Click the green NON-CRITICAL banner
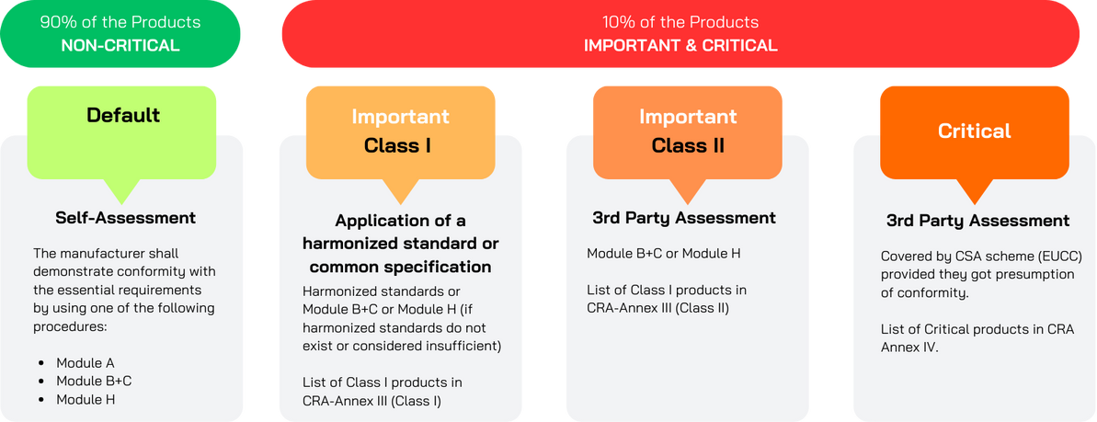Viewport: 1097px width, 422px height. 120,34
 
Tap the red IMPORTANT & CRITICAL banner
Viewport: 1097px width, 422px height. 680,34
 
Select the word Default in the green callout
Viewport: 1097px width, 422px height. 123,115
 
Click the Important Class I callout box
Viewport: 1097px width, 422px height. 400,132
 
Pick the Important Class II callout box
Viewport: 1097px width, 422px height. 688,132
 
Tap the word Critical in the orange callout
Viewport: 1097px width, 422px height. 975,131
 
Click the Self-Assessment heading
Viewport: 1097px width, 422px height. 126,218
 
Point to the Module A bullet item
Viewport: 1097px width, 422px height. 86,363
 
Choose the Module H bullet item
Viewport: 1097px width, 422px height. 86,400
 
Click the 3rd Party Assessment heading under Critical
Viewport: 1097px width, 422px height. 978,222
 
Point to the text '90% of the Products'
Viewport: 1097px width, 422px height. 120,22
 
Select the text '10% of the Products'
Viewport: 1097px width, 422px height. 680,22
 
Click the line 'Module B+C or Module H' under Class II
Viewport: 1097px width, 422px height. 664,254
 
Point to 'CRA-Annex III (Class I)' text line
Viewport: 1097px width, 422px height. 372,401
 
